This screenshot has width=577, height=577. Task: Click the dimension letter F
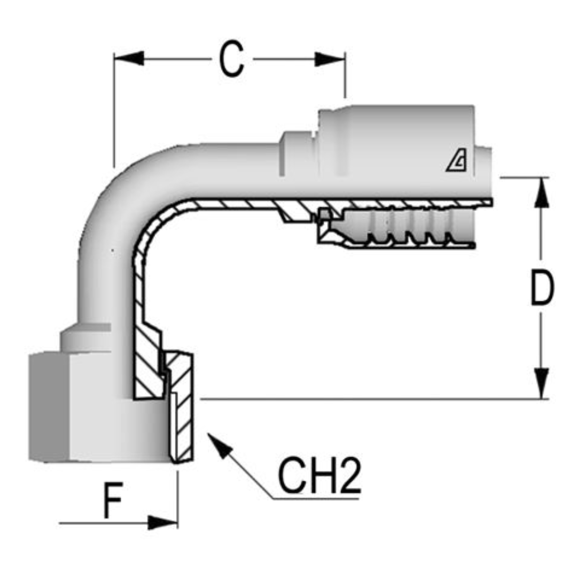[113, 500]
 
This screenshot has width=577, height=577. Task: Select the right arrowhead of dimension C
[330, 59]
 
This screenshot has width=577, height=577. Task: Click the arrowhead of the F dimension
[162, 523]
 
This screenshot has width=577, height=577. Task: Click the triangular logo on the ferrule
[457, 161]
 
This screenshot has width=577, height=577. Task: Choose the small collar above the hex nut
[85, 339]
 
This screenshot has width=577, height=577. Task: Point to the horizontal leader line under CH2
[315, 499]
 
